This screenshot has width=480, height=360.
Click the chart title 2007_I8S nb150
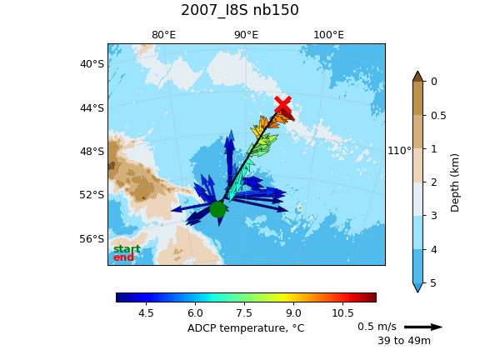coord(240,10)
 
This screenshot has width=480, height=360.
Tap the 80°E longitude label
coord(164,35)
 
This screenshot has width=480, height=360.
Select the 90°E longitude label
coord(247,35)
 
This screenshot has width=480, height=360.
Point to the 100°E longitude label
coord(329,35)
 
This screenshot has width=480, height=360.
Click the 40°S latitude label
coord(92,64)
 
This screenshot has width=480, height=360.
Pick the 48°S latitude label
coord(92,152)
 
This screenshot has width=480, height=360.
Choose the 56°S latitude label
coord(92,239)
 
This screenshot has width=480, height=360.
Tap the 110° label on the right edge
coord(399,151)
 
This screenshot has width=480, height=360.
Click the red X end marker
coord(282,104)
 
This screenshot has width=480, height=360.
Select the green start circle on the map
coord(218,209)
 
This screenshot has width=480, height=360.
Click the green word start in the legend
coord(127,249)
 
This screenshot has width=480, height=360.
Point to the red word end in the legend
coord(123,257)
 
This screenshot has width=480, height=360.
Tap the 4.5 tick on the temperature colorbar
coord(146,312)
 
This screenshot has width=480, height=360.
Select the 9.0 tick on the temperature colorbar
coord(293,312)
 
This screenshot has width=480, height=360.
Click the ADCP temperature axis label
coord(246,328)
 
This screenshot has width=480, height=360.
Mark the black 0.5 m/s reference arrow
coord(423,327)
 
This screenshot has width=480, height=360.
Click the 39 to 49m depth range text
coord(404,340)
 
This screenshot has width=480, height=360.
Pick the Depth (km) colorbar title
coord(455,182)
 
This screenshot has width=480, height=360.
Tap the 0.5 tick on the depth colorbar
coord(438,115)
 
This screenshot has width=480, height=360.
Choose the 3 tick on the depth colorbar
coord(434,216)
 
